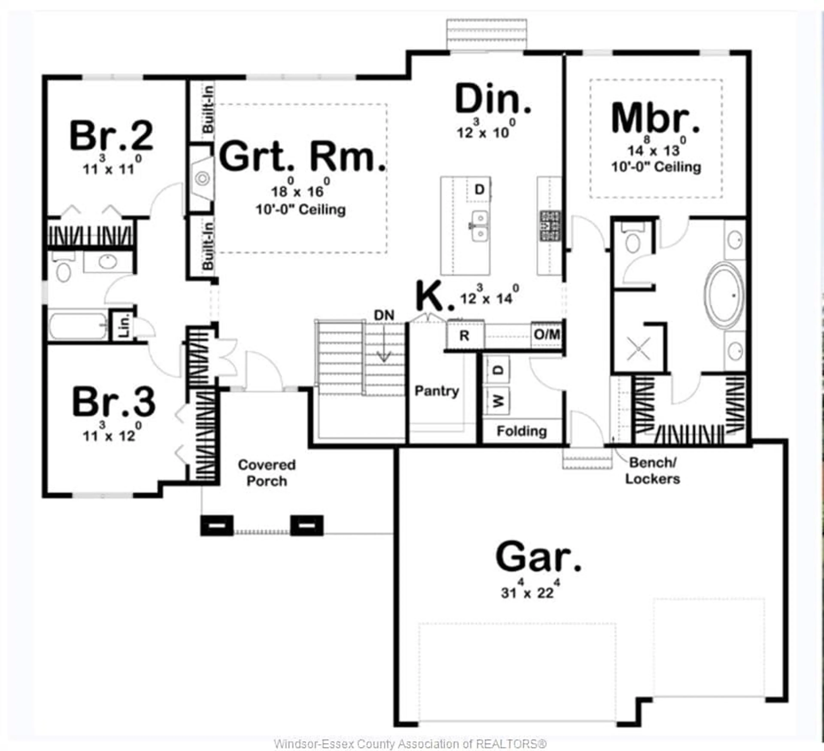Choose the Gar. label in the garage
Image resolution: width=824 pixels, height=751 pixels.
coord(538,557)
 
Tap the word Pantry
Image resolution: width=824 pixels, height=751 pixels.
coord(436,391)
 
